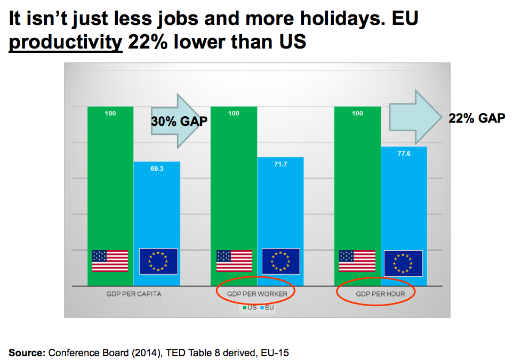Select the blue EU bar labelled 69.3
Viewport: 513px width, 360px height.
click(x=157, y=213)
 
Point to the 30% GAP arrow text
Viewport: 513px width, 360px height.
click(x=179, y=122)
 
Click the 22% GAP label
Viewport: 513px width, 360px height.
click(x=476, y=118)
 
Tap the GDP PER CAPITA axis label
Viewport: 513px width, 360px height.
click(x=134, y=294)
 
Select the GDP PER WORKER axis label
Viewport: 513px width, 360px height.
click(x=256, y=294)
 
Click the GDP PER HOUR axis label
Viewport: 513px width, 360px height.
click(x=380, y=294)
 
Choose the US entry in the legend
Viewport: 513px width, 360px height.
click(x=250, y=307)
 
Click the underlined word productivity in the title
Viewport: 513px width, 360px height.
click(x=66, y=42)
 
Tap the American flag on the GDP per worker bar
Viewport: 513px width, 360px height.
click(x=234, y=261)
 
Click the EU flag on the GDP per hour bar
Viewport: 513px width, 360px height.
click(x=403, y=263)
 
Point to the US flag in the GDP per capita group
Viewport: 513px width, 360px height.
click(x=110, y=261)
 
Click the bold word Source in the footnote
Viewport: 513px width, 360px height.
click(x=26, y=353)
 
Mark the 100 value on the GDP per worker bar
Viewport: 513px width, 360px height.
click(x=234, y=113)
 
